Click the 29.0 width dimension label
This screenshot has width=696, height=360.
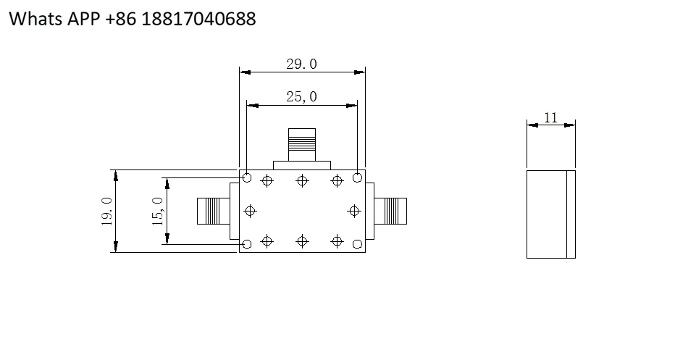[301, 64]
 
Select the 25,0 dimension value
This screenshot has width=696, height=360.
[301, 97]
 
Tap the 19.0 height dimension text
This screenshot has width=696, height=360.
[107, 212]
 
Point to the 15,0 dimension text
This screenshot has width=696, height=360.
[158, 211]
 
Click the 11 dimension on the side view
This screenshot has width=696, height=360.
[550, 117]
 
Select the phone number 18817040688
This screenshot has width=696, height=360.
[199, 19]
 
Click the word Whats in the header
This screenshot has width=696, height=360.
[36, 19]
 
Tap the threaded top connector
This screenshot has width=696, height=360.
[302, 145]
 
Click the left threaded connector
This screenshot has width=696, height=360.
[214, 211]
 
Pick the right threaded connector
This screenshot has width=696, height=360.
[390, 211]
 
